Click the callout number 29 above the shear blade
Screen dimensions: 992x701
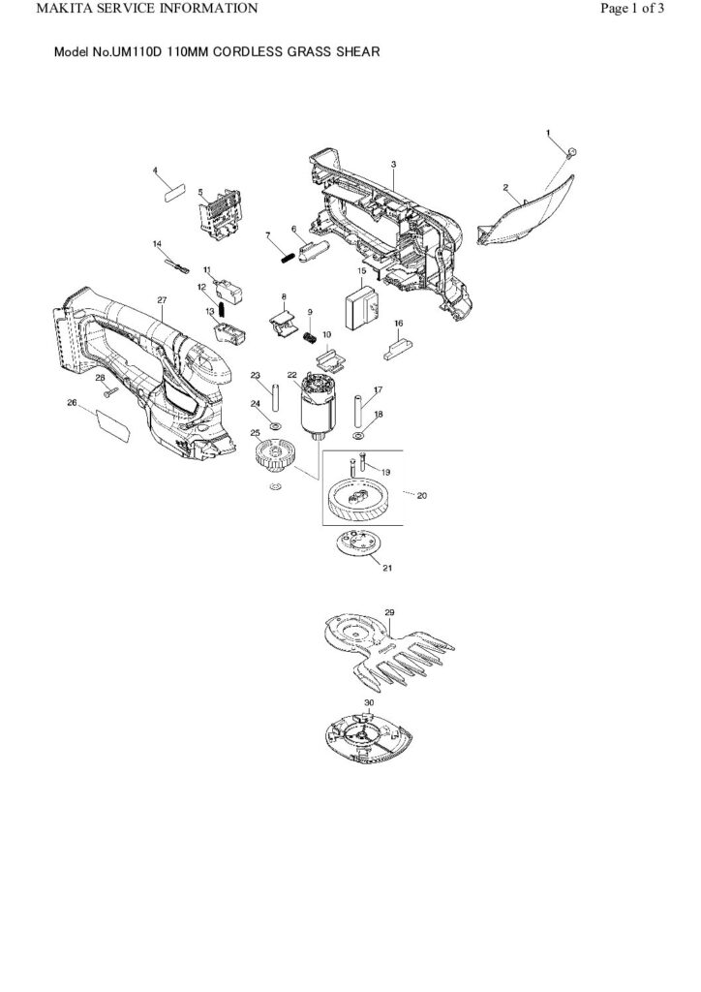[389, 613]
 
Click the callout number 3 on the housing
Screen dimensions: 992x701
[393, 165]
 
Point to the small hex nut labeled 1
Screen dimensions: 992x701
[571, 151]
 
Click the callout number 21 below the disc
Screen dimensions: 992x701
[389, 568]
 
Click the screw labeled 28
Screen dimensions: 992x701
[108, 391]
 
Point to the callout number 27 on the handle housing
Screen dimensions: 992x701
[162, 300]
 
